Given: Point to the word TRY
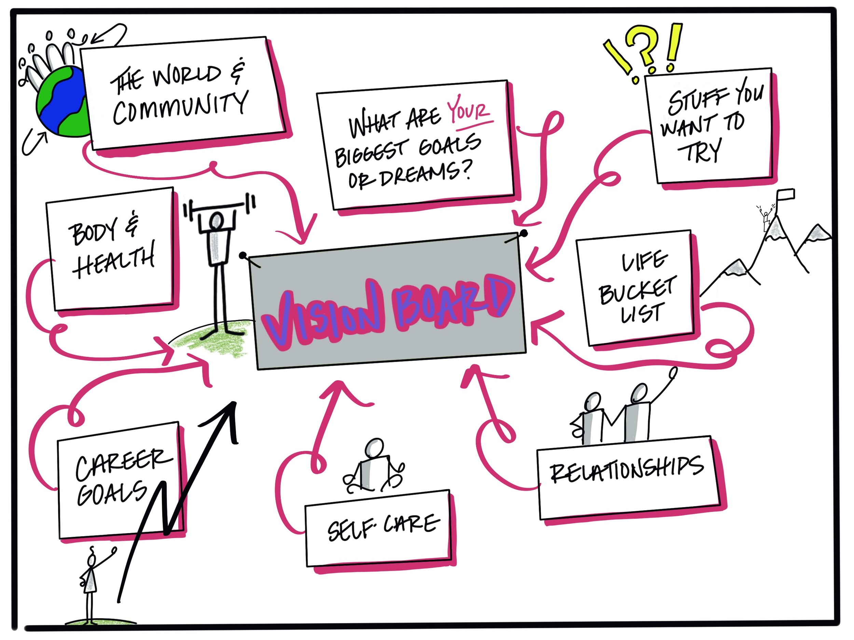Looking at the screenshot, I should [x=699, y=151].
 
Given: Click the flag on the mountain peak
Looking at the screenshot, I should [x=785, y=193].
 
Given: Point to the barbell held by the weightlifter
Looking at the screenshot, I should [x=220, y=207].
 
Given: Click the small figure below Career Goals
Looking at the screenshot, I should [x=91, y=583].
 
